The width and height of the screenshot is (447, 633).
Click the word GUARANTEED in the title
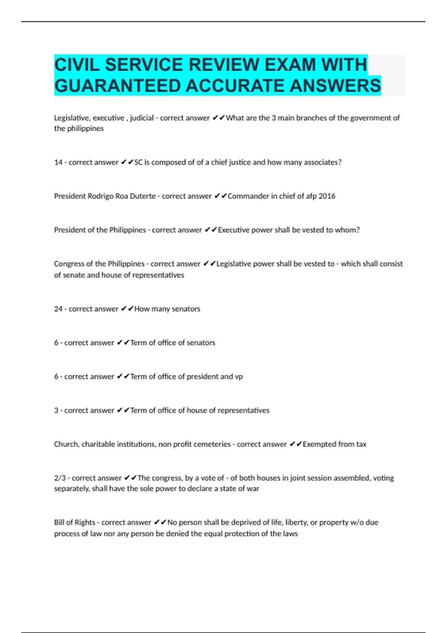coord(117,86)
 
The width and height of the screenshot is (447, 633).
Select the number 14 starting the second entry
coord(58,162)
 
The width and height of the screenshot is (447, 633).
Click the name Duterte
coord(143,196)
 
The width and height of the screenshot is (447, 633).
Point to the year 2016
coord(327,196)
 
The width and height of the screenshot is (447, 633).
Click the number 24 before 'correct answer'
coord(58,309)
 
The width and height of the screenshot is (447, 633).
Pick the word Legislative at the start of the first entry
coord(70,118)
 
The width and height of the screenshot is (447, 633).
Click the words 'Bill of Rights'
coord(74,522)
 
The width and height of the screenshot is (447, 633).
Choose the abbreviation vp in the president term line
coord(239,376)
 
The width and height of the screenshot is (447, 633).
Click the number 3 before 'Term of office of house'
coord(56,410)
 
